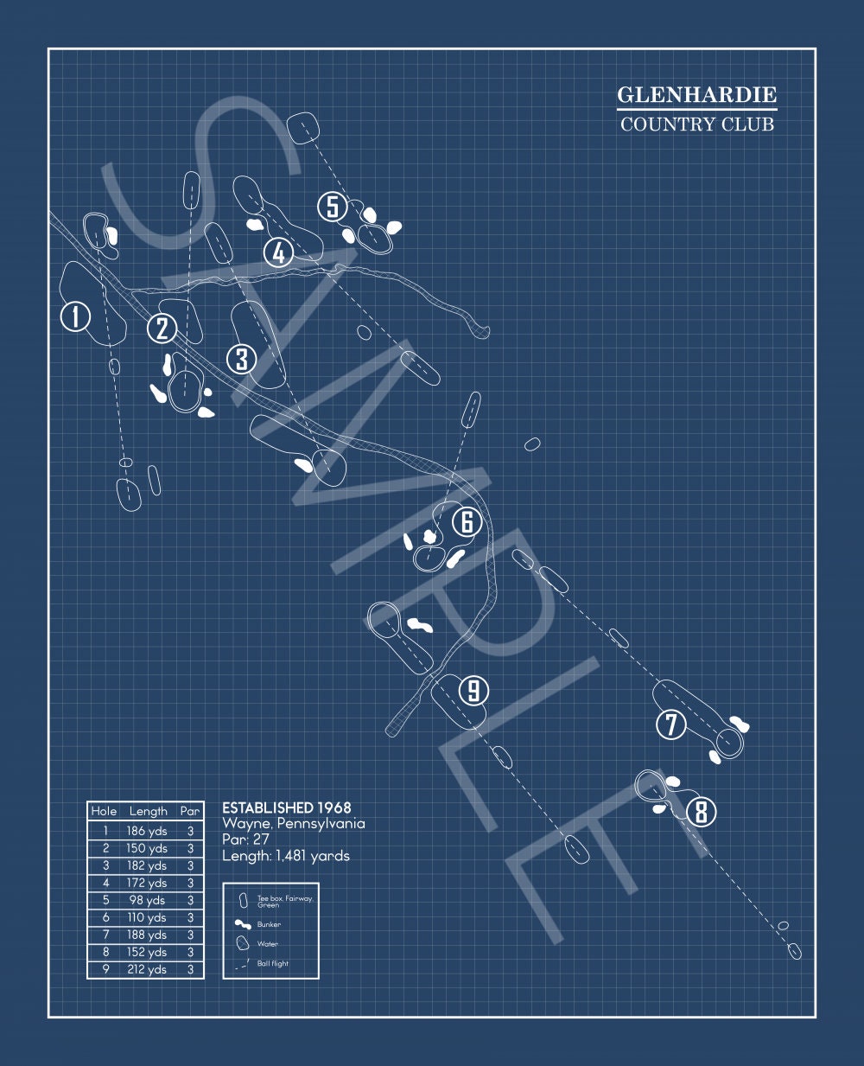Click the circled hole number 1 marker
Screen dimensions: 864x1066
(75, 316)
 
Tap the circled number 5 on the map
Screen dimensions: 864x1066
(333, 207)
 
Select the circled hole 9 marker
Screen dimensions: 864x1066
(473, 690)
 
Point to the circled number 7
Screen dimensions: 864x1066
(671, 724)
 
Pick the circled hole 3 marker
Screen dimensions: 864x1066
(242, 360)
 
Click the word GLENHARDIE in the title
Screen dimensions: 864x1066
(697, 94)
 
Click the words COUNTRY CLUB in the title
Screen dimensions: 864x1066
(697, 124)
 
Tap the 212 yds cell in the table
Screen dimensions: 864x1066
(147, 969)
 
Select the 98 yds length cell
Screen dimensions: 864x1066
(147, 900)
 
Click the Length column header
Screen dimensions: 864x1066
(149, 811)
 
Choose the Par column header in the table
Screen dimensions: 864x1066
(190, 811)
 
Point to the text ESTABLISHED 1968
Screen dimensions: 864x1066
(287, 807)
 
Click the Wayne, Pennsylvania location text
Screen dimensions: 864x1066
(294, 824)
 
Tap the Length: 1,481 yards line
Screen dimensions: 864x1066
(286, 856)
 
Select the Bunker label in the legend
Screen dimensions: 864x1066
(269, 924)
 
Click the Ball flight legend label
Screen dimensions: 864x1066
(272, 963)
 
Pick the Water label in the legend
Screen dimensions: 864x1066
(268, 944)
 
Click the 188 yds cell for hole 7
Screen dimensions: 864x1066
(147, 935)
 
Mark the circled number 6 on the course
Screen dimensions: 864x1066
(467, 522)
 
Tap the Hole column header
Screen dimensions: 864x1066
(104, 811)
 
